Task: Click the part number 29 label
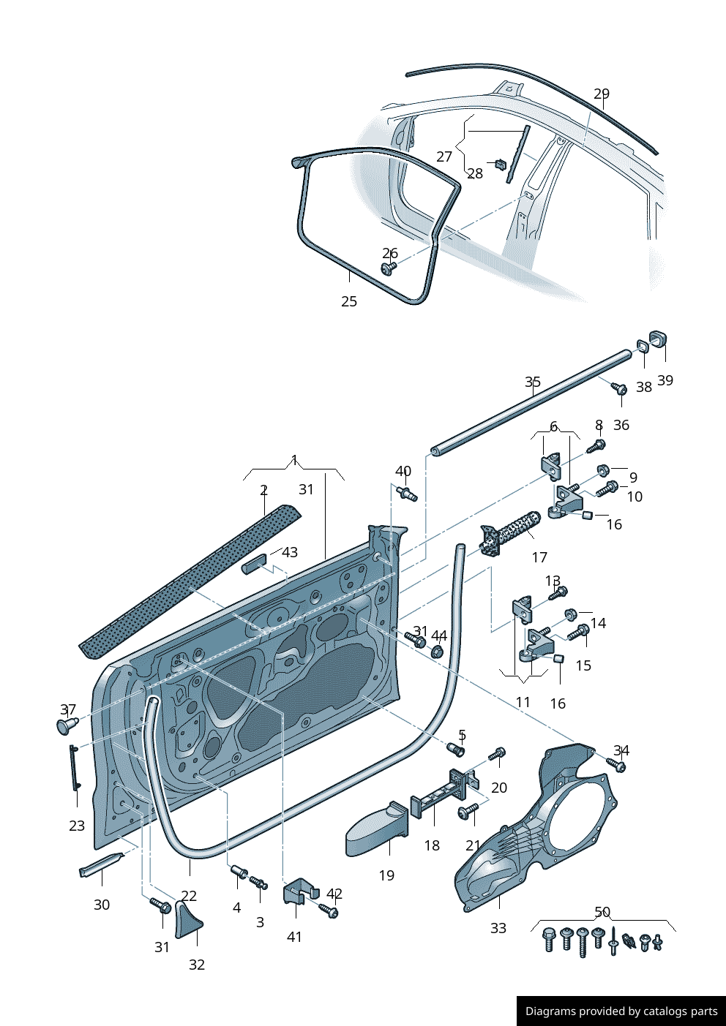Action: pyautogui.click(x=601, y=94)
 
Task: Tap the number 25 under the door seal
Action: pyautogui.click(x=349, y=301)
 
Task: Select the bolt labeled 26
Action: pyautogui.click(x=387, y=269)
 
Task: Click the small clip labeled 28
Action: pyautogui.click(x=501, y=163)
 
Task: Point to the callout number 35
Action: pyautogui.click(x=533, y=382)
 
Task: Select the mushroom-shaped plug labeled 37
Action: pyautogui.click(x=67, y=725)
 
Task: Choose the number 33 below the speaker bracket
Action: pyautogui.click(x=498, y=928)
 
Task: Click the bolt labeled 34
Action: pyautogui.click(x=617, y=765)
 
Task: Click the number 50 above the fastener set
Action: pyautogui.click(x=602, y=912)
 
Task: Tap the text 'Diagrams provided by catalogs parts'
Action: pyautogui.click(x=621, y=1011)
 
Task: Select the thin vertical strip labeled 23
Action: pyautogui.click(x=75, y=768)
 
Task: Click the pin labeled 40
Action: pyautogui.click(x=407, y=494)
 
